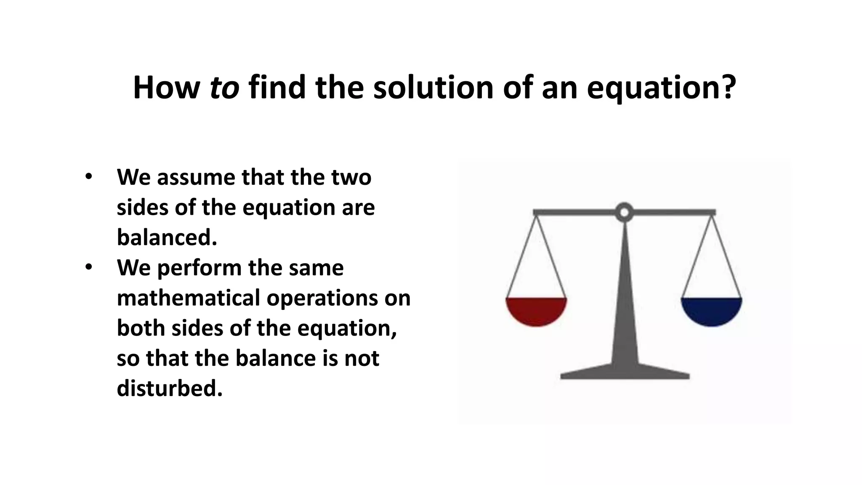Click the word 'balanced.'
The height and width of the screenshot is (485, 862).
[167, 237]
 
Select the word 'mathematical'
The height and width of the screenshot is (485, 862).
[188, 298]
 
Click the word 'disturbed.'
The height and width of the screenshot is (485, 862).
[169, 388]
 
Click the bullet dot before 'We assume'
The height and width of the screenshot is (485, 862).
[88, 177]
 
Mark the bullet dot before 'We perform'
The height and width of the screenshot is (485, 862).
[88, 267]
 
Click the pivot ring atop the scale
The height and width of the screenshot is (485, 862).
[624, 212]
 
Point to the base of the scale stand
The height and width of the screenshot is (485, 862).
[625, 372]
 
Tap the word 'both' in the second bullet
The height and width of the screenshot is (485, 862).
[141, 328]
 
